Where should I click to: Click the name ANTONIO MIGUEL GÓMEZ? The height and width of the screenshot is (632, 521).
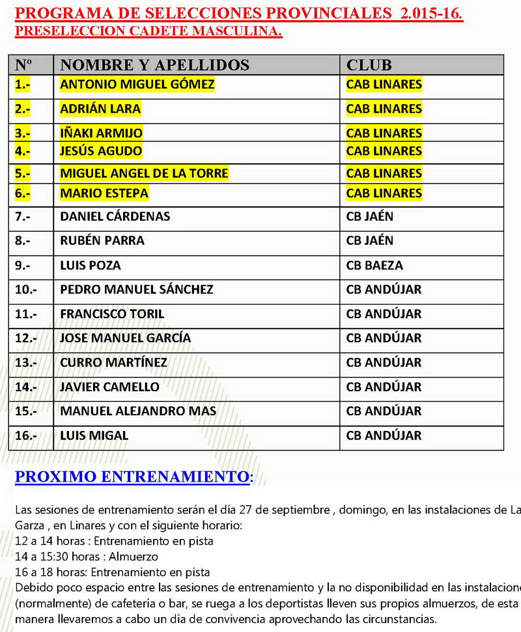(137, 84)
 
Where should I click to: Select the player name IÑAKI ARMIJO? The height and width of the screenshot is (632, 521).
(101, 133)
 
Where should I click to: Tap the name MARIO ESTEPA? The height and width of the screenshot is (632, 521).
(104, 193)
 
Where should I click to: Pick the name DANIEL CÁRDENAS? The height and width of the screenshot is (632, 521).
(115, 216)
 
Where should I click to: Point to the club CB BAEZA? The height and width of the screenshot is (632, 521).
(374, 265)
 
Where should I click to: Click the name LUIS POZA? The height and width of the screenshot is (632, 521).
(90, 265)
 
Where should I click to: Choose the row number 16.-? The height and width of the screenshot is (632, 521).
(26, 435)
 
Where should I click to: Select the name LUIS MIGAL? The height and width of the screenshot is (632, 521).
(94, 435)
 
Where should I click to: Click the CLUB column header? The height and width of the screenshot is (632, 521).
(369, 64)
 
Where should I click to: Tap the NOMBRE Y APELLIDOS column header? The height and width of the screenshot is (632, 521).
(154, 64)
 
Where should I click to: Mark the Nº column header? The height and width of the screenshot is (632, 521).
(23, 64)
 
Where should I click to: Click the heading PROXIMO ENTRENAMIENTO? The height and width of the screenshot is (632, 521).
(132, 476)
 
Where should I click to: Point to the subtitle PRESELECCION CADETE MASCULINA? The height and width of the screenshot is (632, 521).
(148, 32)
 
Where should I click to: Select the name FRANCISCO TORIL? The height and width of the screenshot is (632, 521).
(112, 314)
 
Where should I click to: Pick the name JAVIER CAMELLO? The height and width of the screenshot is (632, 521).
(109, 387)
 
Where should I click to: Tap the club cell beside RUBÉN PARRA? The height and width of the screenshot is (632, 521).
(370, 240)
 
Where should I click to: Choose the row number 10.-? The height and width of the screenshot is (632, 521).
(26, 289)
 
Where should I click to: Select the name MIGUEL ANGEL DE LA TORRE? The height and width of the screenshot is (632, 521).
(144, 174)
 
